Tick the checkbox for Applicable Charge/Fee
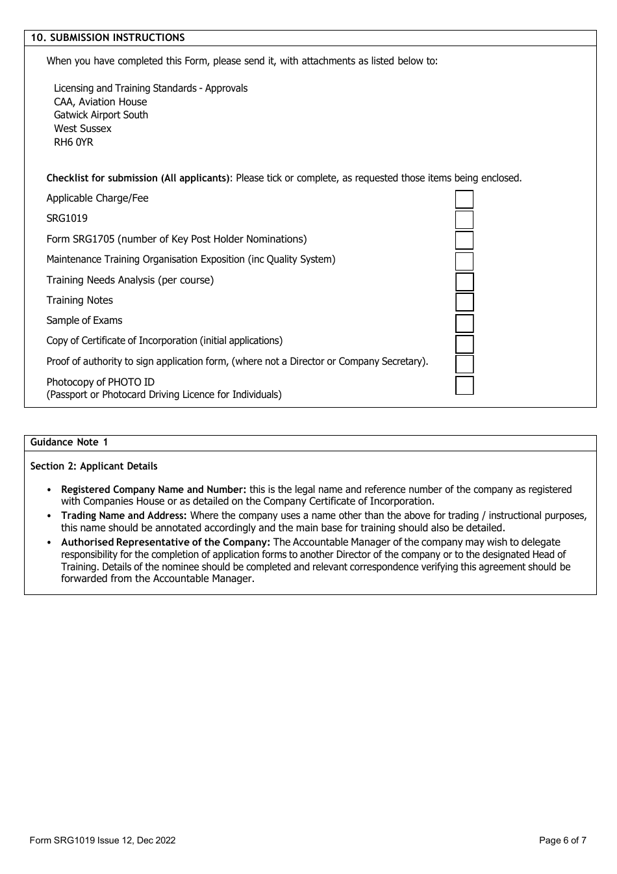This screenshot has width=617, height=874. [464, 199]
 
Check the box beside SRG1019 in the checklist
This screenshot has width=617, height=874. [464, 220]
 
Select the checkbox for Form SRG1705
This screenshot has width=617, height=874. [464, 240]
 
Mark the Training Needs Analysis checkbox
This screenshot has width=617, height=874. [464, 282]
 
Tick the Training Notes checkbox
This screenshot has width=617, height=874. [464, 302]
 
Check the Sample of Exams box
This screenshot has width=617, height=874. [464, 323]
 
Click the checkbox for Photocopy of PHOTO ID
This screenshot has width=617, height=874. [464, 385]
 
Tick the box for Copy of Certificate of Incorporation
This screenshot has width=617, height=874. [464, 343]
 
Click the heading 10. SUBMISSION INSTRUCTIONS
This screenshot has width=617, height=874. [108, 38]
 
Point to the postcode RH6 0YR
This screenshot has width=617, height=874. [73, 142]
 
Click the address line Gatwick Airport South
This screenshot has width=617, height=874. [101, 115]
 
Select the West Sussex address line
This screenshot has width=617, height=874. [82, 129]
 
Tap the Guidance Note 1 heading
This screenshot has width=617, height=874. [69, 442]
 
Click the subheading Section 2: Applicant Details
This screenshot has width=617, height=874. [94, 466]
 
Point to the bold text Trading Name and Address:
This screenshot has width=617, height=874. [124, 516]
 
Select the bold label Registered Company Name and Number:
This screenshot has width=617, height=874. [154, 490]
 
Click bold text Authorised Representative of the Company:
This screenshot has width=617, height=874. [166, 542]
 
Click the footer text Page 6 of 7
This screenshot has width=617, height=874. [562, 840]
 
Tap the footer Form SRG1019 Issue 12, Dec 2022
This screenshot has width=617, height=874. [103, 840]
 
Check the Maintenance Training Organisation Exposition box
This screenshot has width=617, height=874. [464, 261]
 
